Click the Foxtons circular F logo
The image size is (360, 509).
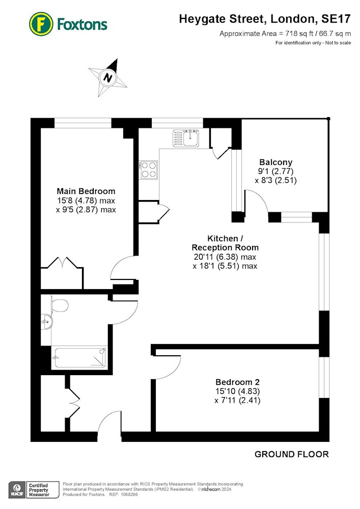[x=41, y=24]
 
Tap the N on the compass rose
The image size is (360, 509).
[x=108, y=78]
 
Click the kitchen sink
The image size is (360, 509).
[x=186, y=138]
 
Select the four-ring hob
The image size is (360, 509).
[x=149, y=169]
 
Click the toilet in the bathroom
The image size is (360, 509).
[x=60, y=305]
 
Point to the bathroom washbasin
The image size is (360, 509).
[x=47, y=322]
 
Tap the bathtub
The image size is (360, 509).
[x=80, y=358]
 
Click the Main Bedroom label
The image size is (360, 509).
[x=86, y=191]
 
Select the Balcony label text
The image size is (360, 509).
[x=276, y=162]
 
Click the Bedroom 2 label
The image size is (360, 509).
[x=238, y=382]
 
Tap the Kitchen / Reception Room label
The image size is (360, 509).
[x=225, y=243]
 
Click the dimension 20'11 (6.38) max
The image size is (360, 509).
[x=225, y=257]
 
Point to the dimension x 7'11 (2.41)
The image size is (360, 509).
[x=238, y=400]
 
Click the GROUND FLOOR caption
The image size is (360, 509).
[x=291, y=454]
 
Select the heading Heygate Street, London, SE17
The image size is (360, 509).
[x=265, y=19]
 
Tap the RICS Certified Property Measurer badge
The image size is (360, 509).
[x=34, y=490]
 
